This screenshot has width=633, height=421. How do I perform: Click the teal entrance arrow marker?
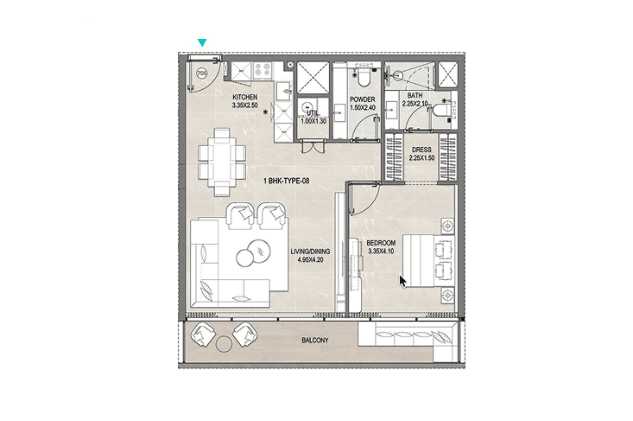(x=202, y=42)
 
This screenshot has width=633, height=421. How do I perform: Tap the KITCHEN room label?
(x=244, y=98)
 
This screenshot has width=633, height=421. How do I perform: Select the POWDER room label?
(x=363, y=99)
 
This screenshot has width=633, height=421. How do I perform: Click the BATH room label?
(x=415, y=95)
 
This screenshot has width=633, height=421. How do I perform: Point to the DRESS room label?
(x=422, y=150)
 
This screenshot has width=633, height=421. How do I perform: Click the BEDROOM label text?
(x=381, y=243)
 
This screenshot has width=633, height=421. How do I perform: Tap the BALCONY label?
(x=315, y=341)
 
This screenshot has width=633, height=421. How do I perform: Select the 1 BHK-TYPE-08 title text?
(x=287, y=181)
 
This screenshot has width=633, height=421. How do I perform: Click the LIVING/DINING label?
(x=310, y=252)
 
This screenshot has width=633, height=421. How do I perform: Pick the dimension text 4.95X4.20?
(x=310, y=260)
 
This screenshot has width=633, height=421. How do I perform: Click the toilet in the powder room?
(x=364, y=75)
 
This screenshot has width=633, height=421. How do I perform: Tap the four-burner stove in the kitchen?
(x=263, y=70)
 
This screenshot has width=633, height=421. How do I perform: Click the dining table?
(x=223, y=162)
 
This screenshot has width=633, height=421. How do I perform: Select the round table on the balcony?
(x=224, y=344)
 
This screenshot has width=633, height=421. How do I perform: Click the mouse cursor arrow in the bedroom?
(x=402, y=281)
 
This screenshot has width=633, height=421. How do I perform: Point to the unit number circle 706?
(x=201, y=73)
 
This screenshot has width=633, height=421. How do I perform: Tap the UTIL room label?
(x=313, y=113)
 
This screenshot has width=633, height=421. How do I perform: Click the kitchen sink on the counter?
(x=284, y=89)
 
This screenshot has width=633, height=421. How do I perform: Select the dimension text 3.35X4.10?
(x=381, y=252)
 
